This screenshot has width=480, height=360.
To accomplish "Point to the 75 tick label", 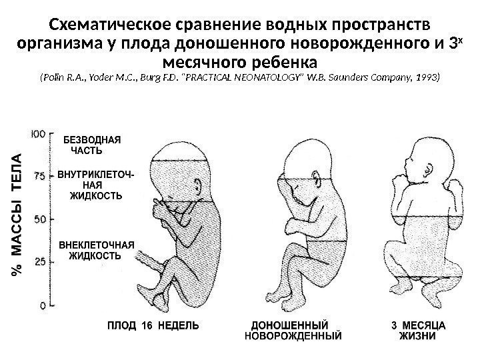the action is (x=40, y=176).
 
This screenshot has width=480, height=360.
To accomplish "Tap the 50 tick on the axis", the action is (x=40, y=219).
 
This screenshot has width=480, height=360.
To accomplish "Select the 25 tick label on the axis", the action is (x=40, y=262).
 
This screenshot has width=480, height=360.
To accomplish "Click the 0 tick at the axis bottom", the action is (x=43, y=305).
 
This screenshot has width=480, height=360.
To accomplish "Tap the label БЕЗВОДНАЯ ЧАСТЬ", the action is (x=92, y=146).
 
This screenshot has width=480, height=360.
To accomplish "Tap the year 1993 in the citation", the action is (x=427, y=78).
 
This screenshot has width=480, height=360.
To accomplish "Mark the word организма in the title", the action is (x=56, y=44).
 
